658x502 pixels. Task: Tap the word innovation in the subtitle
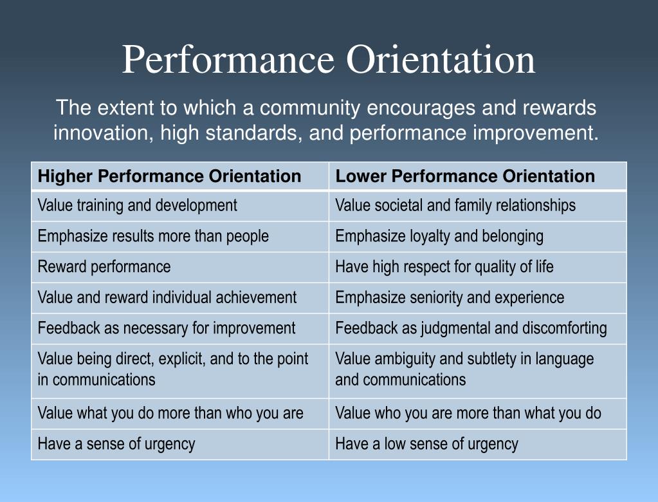[104, 133]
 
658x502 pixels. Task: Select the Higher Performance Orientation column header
[170, 176]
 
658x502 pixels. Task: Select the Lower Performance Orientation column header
[465, 176]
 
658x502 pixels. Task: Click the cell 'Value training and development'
[138, 206]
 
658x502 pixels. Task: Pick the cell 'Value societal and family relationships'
[455, 206]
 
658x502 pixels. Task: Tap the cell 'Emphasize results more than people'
[153, 236]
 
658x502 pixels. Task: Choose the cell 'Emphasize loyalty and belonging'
[439, 236]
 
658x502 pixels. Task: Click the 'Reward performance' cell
[104, 266]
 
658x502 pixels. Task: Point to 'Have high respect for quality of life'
[444, 266]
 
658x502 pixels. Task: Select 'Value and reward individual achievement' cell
[167, 297]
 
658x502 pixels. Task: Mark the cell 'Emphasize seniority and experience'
[450, 297]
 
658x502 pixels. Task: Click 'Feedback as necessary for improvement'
[167, 328]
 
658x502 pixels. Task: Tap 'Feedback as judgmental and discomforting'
[471, 328]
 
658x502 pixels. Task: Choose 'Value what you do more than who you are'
[170, 413]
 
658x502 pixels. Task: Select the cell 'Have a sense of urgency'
[116, 443]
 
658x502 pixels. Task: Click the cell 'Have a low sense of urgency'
[426, 443]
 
